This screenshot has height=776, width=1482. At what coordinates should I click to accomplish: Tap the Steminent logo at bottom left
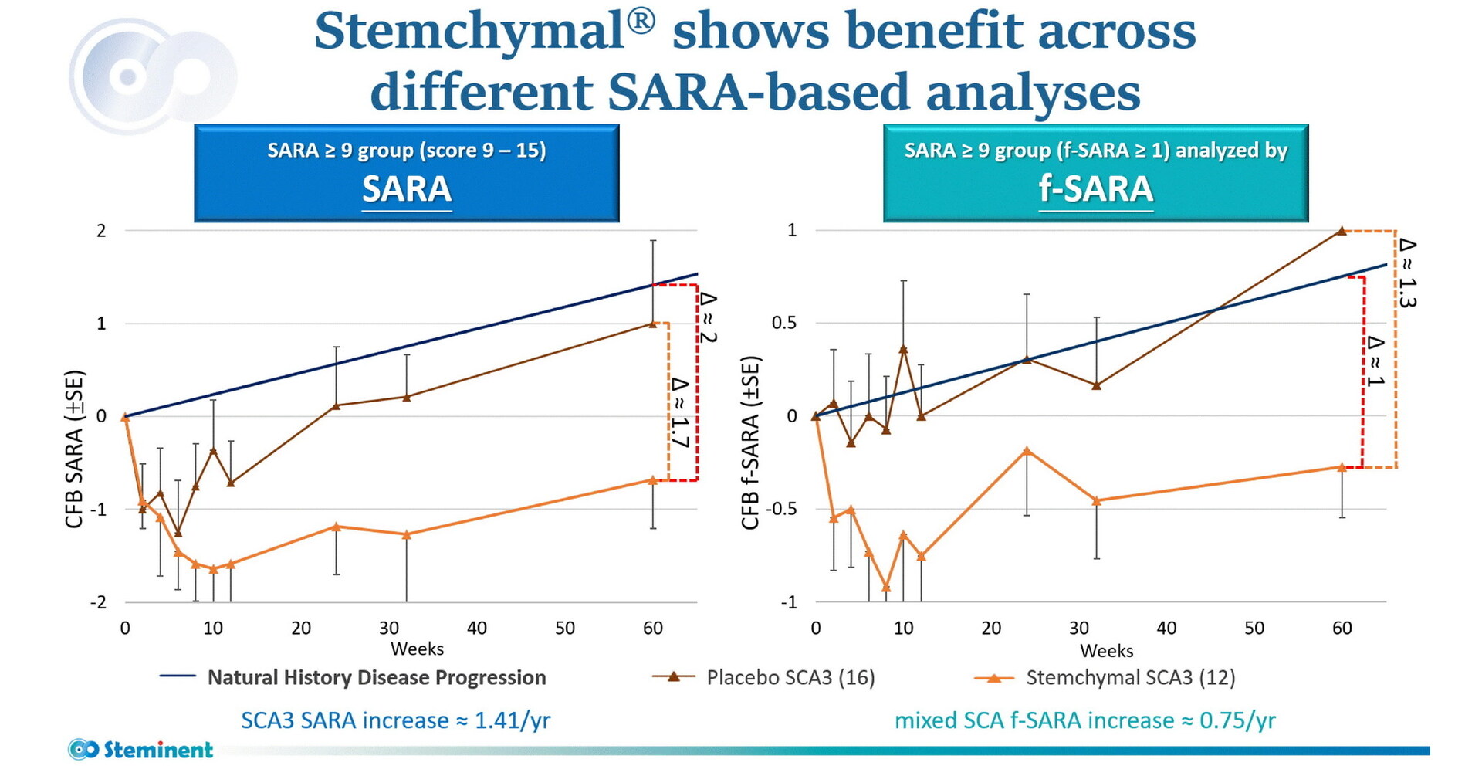[140, 749]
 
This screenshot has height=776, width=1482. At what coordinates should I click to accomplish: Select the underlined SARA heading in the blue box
[407, 189]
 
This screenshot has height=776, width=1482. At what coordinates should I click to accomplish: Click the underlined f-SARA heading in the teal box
[1095, 189]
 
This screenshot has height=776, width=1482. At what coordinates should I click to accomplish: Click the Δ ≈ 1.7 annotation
[679, 412]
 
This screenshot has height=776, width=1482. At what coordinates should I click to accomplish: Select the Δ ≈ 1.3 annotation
[1407, 273]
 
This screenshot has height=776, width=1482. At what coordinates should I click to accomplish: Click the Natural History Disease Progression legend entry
[376, 677]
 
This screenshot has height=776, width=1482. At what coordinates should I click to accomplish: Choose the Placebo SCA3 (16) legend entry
[790, 677]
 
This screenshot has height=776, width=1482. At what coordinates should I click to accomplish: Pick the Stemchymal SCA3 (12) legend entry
[1130, 677]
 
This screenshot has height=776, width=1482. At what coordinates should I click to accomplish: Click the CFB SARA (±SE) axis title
[74, 449]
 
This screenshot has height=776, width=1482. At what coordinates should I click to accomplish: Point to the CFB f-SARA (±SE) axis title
[750, 442]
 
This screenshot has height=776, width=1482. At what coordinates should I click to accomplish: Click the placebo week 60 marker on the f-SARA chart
[1342, 231]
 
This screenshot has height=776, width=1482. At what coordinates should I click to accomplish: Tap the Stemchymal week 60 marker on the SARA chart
[652, 480]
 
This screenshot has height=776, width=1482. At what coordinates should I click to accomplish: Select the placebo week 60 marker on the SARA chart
[652, 324]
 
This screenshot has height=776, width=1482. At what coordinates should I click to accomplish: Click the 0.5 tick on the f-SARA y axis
[784, 323]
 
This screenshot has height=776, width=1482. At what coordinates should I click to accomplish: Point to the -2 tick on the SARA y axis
[98, 602]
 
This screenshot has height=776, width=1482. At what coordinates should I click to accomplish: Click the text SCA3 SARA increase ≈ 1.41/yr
[395, 720]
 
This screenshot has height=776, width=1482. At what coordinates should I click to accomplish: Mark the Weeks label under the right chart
[1106, 651]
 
